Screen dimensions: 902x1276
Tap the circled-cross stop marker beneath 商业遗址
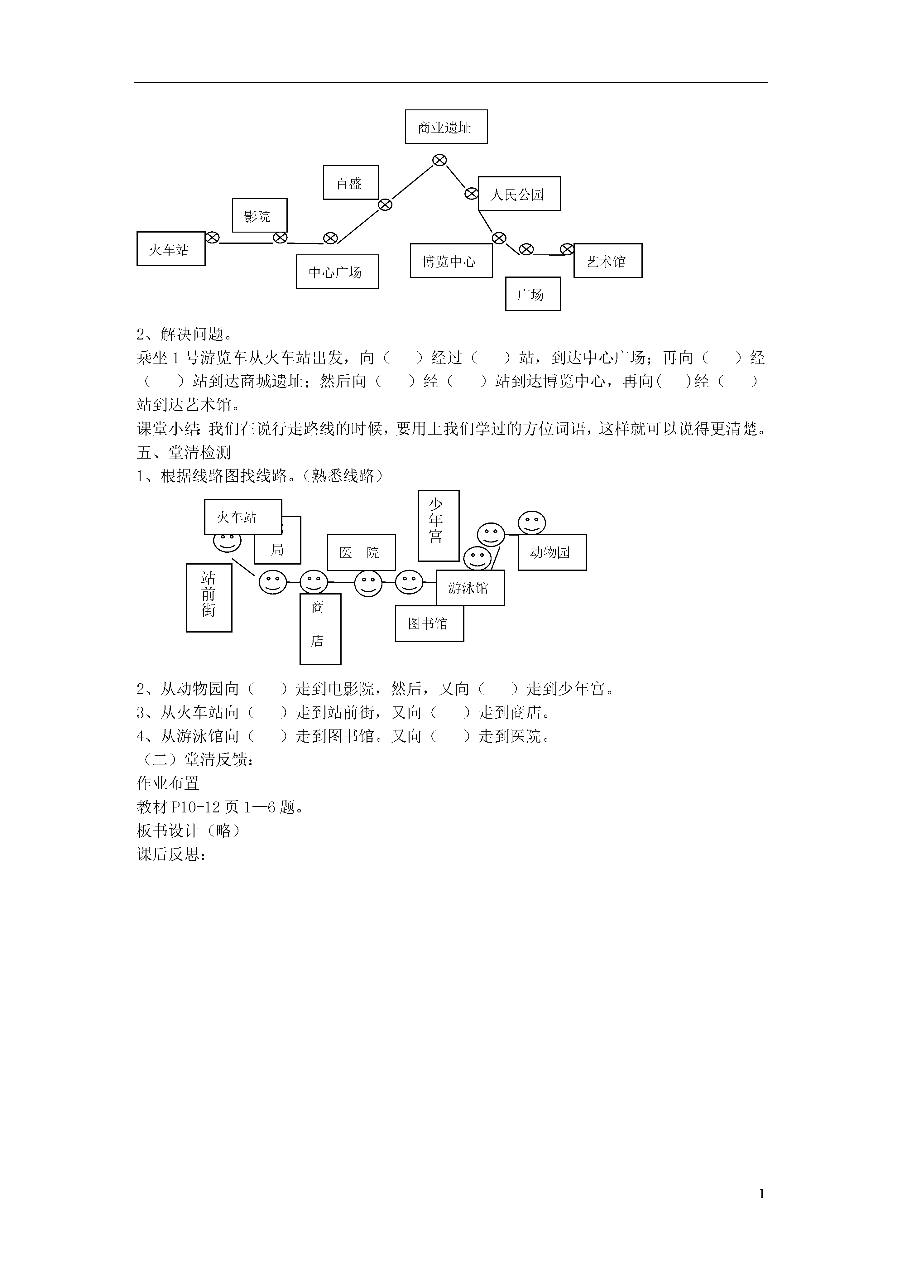[x=439, y=160]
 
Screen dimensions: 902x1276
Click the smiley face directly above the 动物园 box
[x=532, y=523]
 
